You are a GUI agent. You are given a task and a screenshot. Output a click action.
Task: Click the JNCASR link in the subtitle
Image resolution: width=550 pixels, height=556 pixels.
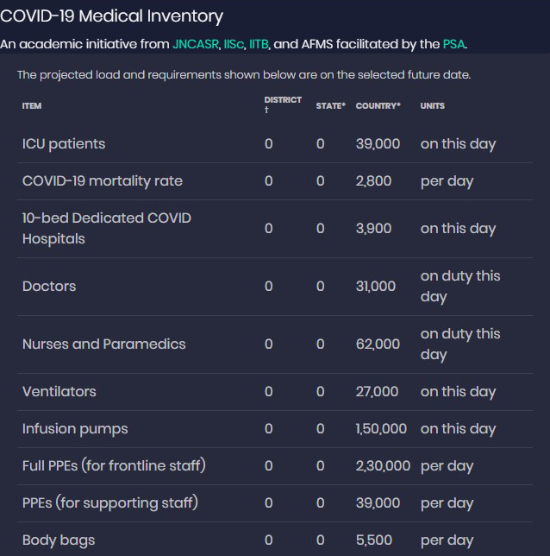(196, 43)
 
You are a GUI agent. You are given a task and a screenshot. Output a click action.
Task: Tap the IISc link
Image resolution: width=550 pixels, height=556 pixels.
(234, 43)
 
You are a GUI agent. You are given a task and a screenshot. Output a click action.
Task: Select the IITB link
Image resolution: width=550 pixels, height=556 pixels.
(259, 43)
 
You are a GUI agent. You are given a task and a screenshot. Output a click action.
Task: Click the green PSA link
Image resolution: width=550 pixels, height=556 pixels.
(453, 43)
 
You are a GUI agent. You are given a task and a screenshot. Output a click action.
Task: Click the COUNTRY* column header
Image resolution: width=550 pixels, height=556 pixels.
(378, 105)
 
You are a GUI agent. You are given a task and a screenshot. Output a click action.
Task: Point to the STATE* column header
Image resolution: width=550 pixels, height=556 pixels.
(330, 105)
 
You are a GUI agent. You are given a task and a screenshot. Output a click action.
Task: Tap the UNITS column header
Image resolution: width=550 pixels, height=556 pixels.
(432, 105)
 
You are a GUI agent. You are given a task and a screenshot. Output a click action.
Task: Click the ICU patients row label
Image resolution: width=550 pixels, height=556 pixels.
(64, 143)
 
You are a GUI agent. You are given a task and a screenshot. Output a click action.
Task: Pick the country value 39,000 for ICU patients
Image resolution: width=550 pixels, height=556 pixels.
(378, 143)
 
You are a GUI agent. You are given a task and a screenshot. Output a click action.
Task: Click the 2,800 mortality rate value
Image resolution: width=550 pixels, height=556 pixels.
(373, 180)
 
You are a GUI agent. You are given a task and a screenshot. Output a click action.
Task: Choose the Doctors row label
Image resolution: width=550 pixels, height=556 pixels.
(49, 286)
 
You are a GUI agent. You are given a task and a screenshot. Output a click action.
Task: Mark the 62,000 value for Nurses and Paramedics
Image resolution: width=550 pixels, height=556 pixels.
(378, 344)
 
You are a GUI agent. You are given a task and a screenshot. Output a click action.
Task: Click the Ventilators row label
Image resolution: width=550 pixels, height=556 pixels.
(59, 391)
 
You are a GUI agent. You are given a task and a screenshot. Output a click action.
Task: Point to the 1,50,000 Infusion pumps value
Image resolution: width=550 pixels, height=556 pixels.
(381, 428)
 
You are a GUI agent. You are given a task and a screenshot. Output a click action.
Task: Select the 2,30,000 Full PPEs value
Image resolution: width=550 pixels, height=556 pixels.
(383, 465)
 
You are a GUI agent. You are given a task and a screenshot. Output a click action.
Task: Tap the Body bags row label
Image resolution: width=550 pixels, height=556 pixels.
(59, 540)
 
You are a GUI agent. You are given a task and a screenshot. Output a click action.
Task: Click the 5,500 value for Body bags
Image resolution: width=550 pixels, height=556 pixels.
(374, 540)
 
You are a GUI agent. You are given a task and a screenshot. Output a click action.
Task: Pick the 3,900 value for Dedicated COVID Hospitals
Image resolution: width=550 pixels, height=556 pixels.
(373, 228)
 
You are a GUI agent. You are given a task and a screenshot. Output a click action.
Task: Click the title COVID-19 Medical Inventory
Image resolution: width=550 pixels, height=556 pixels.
(111, 16)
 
